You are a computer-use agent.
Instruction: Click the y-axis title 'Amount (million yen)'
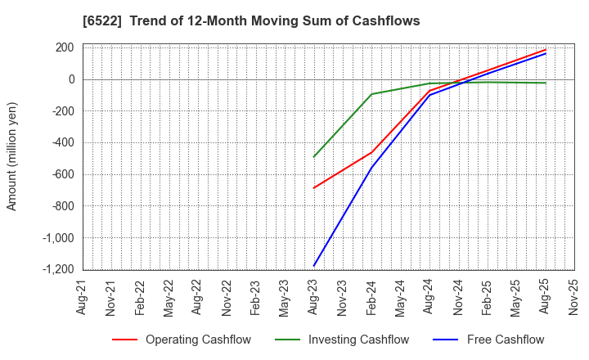[x=12, y=156]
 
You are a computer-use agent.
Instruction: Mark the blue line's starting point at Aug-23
[x=314, y=266]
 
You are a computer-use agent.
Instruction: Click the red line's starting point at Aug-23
[x=314, y=188]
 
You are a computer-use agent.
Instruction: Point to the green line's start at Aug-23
[x=314, y=157]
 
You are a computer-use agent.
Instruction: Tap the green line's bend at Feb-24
[x=372, y=94]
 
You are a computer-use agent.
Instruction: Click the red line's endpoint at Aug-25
[x=546, y=50]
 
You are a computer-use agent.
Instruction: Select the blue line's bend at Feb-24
[x=372, y=168]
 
